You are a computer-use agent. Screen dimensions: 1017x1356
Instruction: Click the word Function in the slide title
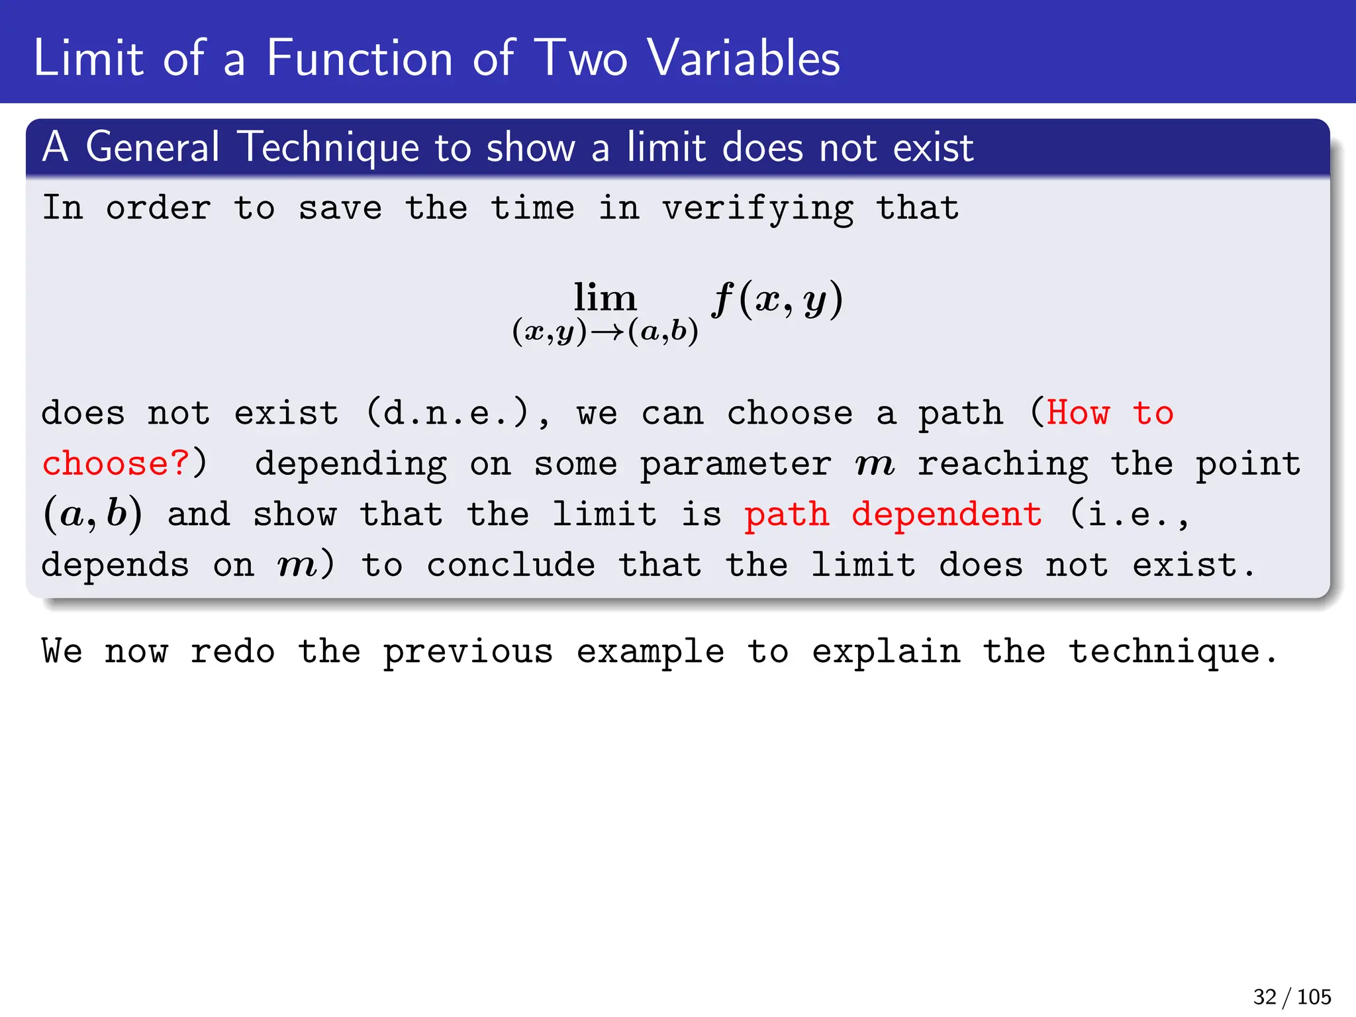pos(360,58)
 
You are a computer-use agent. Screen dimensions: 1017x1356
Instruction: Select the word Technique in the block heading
pos(328,147)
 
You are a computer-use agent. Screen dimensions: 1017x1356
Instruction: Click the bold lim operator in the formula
pos(605,298)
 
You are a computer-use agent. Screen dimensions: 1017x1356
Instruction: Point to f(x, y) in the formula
pos(777,300)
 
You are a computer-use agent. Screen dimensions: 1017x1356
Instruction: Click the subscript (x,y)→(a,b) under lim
pos(605,331)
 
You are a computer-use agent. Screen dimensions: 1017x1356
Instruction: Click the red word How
pos(1078,414)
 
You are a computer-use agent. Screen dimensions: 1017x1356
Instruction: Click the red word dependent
pos(947,514)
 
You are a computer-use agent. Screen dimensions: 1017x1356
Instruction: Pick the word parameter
pos(736,463)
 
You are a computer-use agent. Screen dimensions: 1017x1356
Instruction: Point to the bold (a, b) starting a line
pos(93,514)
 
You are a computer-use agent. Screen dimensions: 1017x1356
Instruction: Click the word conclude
pos(510,565)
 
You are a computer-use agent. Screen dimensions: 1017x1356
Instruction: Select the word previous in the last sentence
pos(467,652)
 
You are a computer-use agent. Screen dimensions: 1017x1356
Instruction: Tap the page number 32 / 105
pos(1292,996)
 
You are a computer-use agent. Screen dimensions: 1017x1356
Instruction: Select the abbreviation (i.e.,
pos(1130,514)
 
